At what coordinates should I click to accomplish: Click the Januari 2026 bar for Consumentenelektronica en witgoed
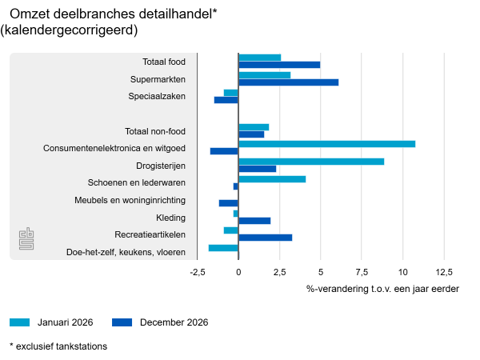(326, 144)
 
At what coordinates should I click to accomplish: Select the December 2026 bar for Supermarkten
(288, 82)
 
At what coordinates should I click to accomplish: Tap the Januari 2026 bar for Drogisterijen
(311, 162)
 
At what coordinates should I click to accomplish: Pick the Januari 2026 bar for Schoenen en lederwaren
(272, 179)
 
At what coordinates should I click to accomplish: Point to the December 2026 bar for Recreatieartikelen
(265, 238)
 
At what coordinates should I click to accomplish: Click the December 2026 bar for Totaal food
(279, 65)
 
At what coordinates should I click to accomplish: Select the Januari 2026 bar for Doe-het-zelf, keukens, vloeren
(223, 248)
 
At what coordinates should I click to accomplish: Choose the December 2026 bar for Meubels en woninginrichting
(229, 203)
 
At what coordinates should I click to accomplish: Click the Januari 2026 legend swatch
(19, 322)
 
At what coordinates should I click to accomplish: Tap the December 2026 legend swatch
(122, 322)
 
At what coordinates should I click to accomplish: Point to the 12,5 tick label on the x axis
(443, 273)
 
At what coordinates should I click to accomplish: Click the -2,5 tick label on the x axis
(198, 273)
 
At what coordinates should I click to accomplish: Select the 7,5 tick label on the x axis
(362, 273)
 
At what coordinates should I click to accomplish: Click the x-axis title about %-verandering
(382, 289)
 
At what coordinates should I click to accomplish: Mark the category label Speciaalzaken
(157, 97)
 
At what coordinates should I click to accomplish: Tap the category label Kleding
(171, 218)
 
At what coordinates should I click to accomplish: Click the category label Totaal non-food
(155, 131)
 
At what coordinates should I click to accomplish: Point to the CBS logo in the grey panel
(27, 239)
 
